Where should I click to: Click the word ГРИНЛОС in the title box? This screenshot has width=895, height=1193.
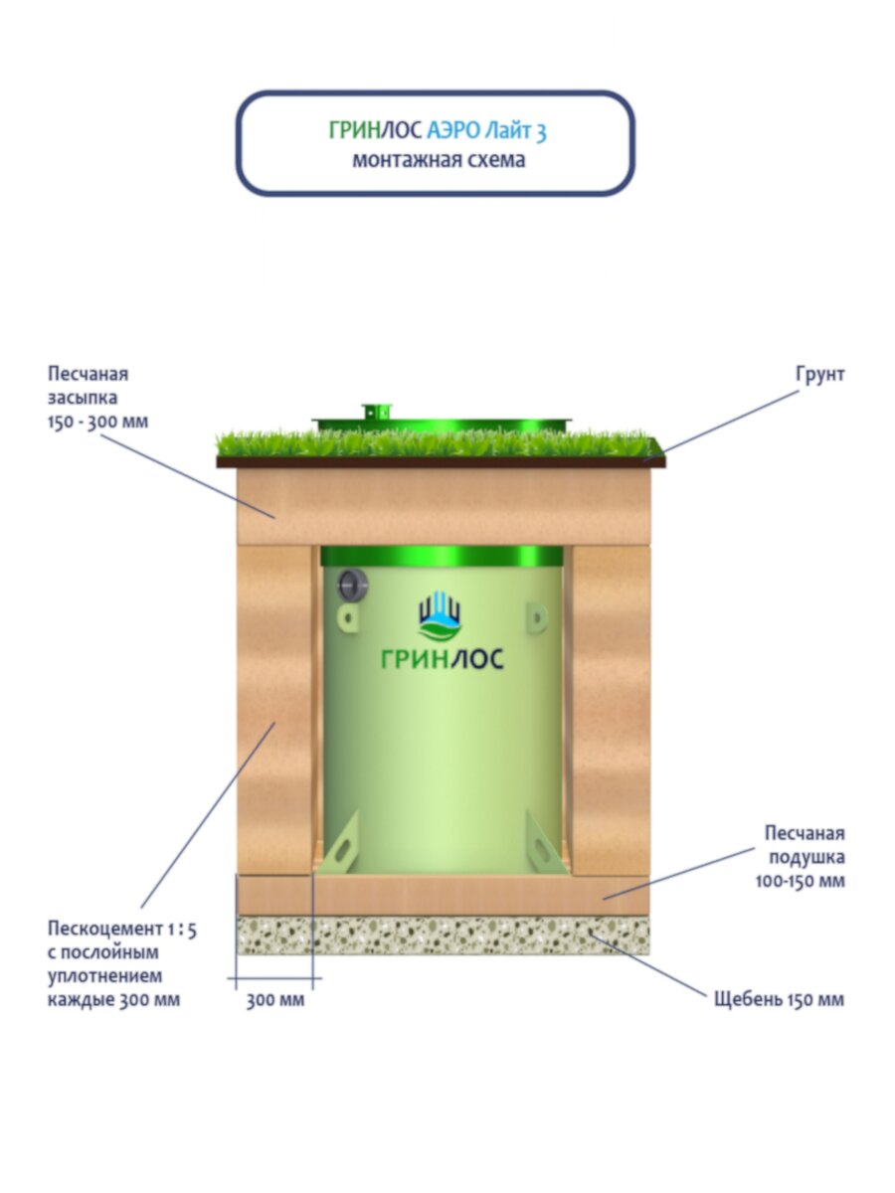[x=375, y=130]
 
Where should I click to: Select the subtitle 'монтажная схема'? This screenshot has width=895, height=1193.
[x=438, y=160]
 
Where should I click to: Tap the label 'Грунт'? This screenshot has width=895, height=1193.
[x=819, y=375]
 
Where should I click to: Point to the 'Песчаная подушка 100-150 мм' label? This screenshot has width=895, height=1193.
[x=805, y=857]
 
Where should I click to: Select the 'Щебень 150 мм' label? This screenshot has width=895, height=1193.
[x=779, y=999]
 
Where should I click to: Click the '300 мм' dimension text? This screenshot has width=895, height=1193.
[x=275, y=1000]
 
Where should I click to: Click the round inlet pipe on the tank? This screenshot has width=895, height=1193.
[x=351, y=587]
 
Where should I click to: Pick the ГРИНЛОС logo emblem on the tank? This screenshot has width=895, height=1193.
[x=440, y=616]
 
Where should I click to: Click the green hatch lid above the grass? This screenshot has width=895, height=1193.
[x=443, y=426]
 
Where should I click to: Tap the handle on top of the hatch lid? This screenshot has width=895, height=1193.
[x=378, y=411]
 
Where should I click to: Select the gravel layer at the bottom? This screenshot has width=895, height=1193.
[x=443, y=936]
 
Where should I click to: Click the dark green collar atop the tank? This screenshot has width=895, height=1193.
[x=444, y=556]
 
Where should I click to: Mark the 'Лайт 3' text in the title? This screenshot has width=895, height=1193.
[x=518, y=130]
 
